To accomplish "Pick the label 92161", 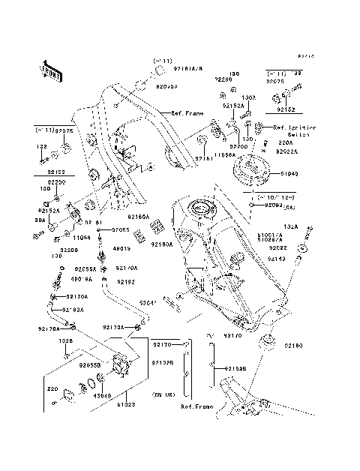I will pos(205,158).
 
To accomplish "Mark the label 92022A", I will pos(287,151).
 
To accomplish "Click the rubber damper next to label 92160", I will pos(267,344).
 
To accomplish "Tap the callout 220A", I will pos(286,141).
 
